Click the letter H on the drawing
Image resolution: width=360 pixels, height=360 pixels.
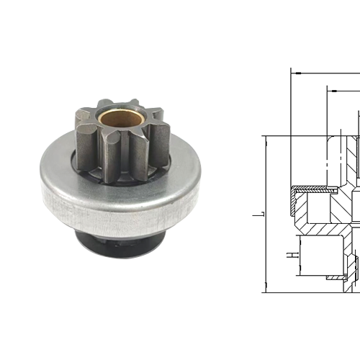[289, 235]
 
